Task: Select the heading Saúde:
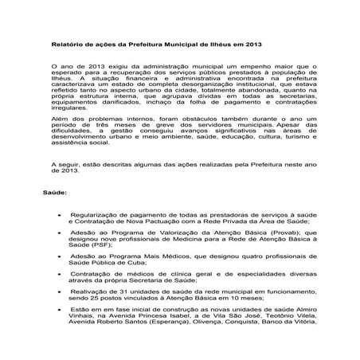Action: click(x=57, y=193)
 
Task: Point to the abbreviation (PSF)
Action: click(x=101, y=245)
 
